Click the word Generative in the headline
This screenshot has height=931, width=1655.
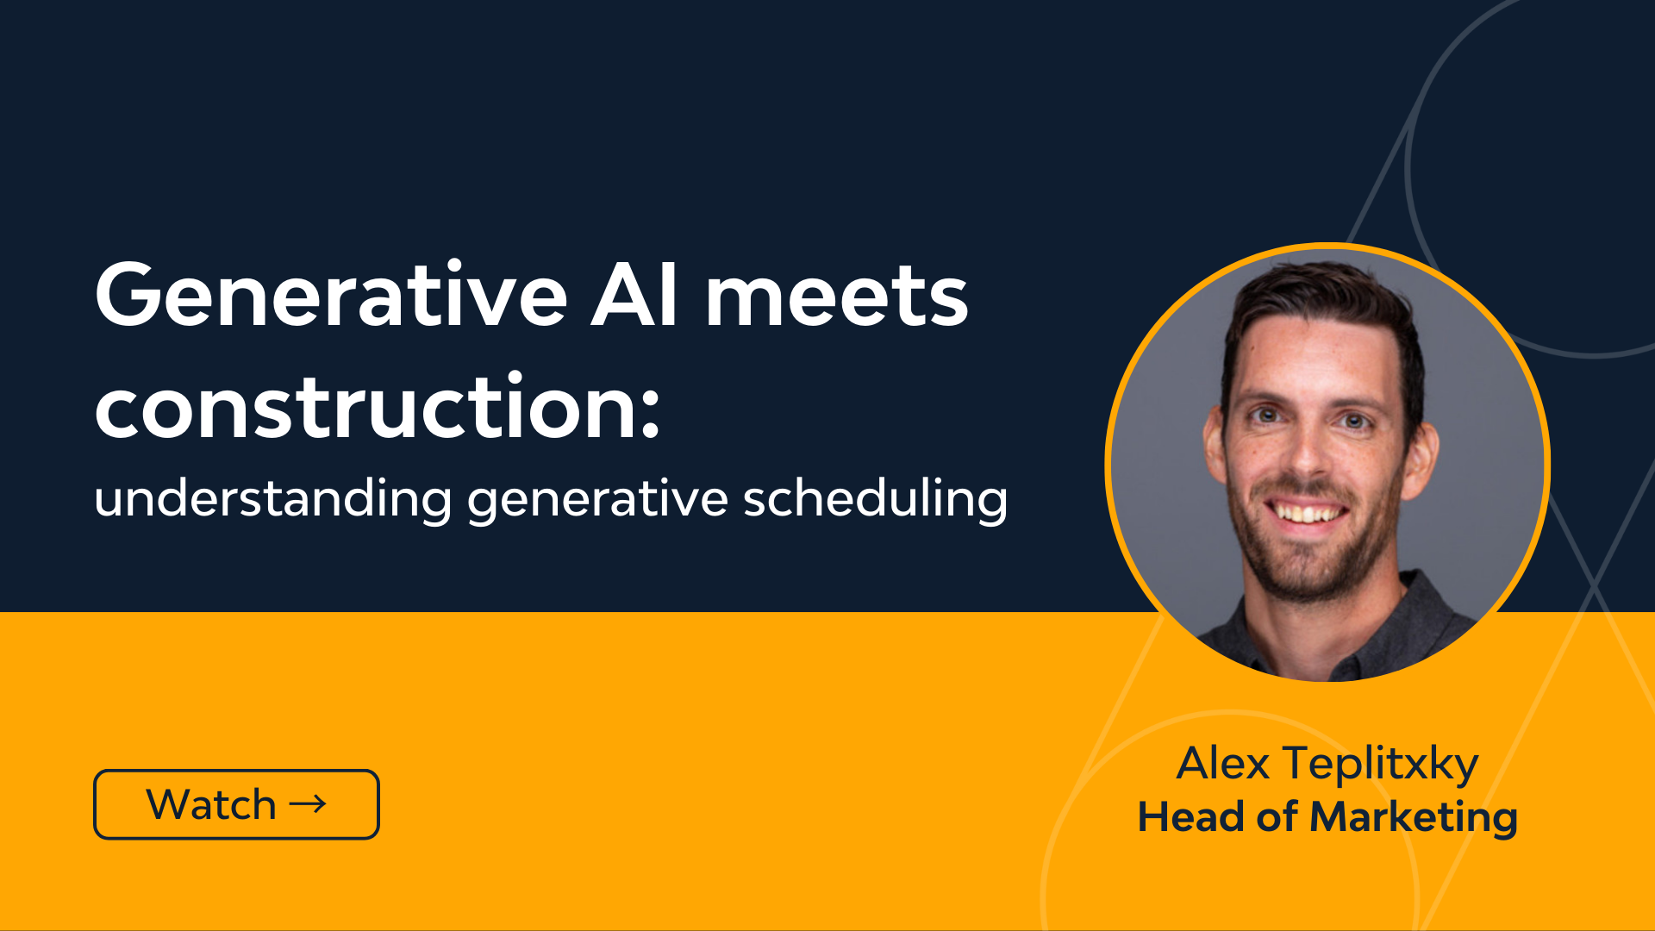(x=332, y=295)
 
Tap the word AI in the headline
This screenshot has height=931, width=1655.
(x=634, y=295)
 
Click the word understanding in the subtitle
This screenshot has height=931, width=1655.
(x=273, y=497)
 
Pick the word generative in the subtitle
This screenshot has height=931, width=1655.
(x=597, y=500)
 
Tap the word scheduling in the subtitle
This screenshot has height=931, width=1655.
(x=875, y=498)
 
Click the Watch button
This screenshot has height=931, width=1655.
(x=236, y=804)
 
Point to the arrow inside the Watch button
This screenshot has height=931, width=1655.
(x=308, y=804)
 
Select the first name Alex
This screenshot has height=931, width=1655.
(x=1223, y=763)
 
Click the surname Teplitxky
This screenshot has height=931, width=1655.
(x=1381, y=765)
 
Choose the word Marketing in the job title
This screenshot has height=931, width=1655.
(x=1414, y=818)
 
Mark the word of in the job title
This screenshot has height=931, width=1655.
(x=1277, y=816)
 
